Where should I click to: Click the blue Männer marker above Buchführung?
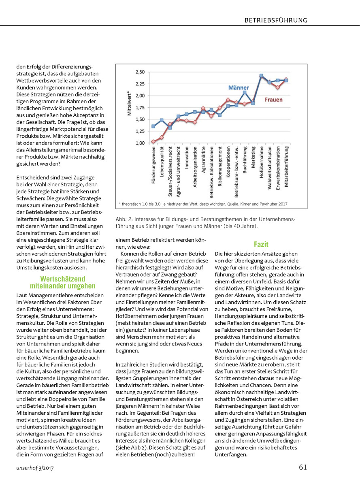point(245,92)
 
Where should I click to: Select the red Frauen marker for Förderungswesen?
point(153,142)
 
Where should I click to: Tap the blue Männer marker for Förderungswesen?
point(153,126)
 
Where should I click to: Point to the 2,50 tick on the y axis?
point(140,72)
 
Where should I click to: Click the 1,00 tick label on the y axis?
point(140,143)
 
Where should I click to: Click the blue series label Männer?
point(239,87)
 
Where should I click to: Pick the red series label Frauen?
point(273,99)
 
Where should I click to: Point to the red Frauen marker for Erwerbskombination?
point(278,87)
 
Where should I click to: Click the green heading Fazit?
point(261,244)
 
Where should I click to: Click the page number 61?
point(303,467)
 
